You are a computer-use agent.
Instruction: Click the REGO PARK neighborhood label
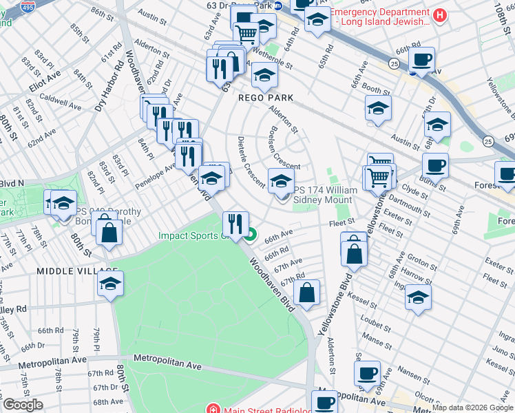tap(266, 98)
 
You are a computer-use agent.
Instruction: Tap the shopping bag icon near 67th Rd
tap(306, 292)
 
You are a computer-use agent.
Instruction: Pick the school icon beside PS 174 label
tap(280, 181)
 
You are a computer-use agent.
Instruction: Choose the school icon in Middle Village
tap(110, 284)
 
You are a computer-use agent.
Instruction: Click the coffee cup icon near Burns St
tap(435, 165)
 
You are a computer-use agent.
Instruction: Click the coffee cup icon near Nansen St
tap(367, 373)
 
